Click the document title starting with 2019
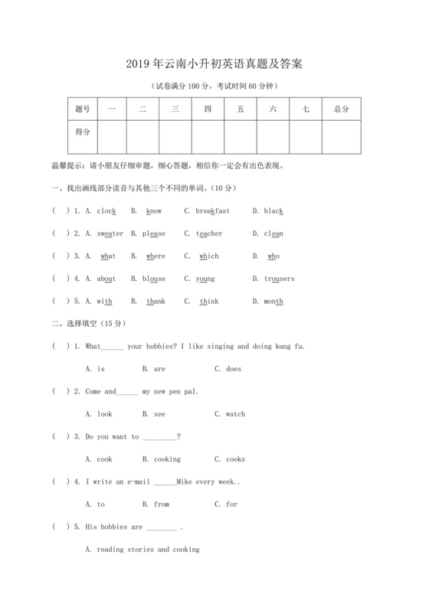214,64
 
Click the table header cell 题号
82,109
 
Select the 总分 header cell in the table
342,109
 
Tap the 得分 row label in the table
82,132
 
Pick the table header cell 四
208,109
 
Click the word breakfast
212,210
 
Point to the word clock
106,210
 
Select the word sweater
110,233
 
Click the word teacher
209,233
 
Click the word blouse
154,279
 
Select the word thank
156,301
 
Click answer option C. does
228,369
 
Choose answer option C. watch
231,414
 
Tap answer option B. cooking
162,459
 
